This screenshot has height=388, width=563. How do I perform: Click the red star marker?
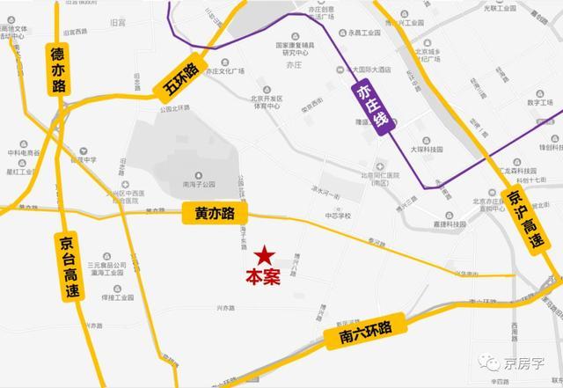point(262,256)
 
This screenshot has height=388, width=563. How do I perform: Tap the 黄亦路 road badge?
point(215,213)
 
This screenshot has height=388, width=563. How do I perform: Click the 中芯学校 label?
point(337,215)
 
